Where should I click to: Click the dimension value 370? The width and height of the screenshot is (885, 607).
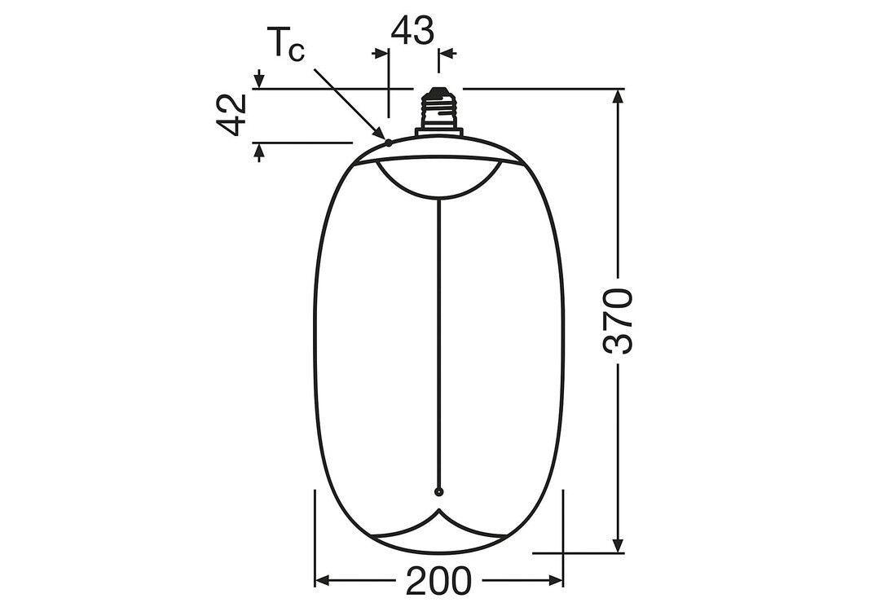click(x=618, y=321)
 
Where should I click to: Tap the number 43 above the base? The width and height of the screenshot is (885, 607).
click(x=412, y=30)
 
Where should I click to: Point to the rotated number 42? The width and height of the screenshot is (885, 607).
click(x=232, y=116)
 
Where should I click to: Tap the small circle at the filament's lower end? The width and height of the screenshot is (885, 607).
click(x=438, y=491)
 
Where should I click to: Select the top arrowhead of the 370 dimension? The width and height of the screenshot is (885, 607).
click(x=618, y=97)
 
